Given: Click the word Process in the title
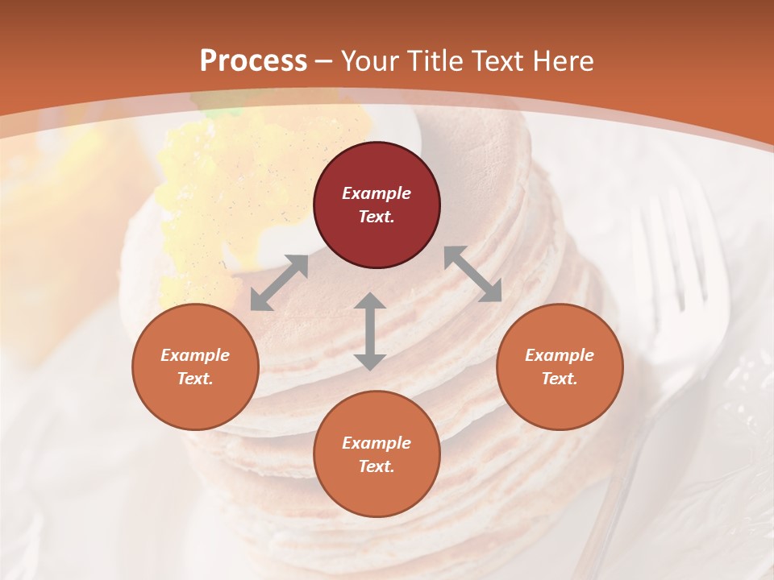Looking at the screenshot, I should [x=253, y=61].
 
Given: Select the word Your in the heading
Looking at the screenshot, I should [x=367, y=61].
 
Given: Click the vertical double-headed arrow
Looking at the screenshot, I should [x=369, y=331].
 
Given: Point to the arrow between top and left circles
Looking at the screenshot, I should [x=279, y=283].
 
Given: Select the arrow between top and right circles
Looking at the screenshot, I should [x=472, y=274].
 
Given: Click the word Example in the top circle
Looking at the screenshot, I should [x=377, y=193].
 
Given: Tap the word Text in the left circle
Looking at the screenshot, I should [x=195, y=379].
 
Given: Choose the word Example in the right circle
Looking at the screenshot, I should [x=560, y=355].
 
